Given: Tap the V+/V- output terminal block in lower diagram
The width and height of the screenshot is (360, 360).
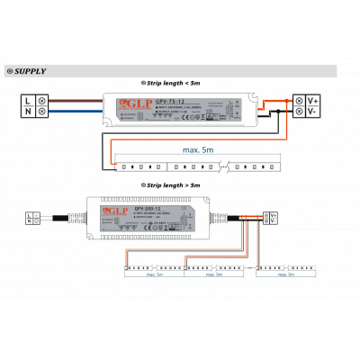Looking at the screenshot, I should (272, 218).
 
